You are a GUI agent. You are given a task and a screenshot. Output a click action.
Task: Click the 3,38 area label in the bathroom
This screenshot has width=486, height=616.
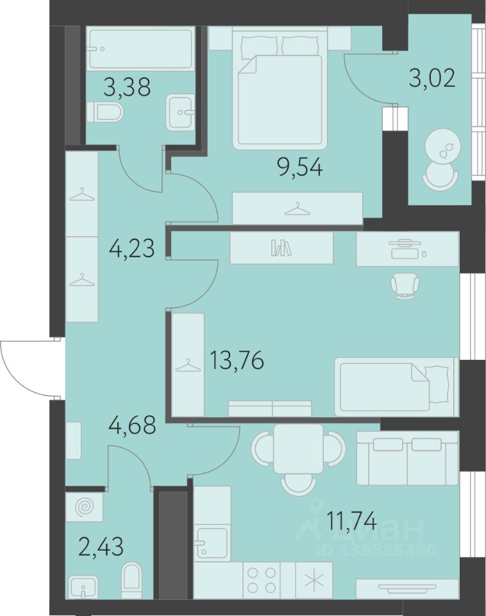(x=127, y=87)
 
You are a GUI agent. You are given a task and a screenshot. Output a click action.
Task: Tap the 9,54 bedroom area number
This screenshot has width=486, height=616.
(x=299, y=167)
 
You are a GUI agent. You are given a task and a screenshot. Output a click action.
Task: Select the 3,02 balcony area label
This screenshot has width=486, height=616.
(x=432, y=78)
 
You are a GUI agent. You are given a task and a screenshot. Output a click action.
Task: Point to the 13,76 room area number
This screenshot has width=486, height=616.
(x=237, y=360)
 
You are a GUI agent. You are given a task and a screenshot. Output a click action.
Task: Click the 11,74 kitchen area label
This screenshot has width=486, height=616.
(x=351, y=522)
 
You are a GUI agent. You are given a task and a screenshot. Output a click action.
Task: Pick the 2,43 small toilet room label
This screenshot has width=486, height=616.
(x=101, y=547)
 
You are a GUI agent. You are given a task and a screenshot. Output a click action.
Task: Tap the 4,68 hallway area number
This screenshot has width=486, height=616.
(x=133, y=425)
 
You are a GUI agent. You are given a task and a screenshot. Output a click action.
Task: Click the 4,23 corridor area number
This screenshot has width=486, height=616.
(x=131, y=248)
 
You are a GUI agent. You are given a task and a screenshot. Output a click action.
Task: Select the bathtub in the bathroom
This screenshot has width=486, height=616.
(x=140, y=49)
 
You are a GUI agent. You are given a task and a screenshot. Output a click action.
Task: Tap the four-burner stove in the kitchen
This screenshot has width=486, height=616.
(x=261, y=580)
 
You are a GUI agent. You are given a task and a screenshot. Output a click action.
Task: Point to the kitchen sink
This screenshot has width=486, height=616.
(x=212, y=542)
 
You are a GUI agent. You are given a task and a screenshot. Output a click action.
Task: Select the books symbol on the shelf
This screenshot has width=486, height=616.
(x=281, y=248)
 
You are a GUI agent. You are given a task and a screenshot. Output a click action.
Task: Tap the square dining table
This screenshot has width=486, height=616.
(x=298, y=449)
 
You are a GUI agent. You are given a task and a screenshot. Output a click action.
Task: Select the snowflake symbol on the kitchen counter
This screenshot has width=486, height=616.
(x=314, y=580)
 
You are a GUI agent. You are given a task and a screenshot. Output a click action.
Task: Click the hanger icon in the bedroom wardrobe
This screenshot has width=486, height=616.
(x=297, y=209)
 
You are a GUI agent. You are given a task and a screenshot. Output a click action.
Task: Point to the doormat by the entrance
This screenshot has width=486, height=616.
(x=73, y=440)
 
